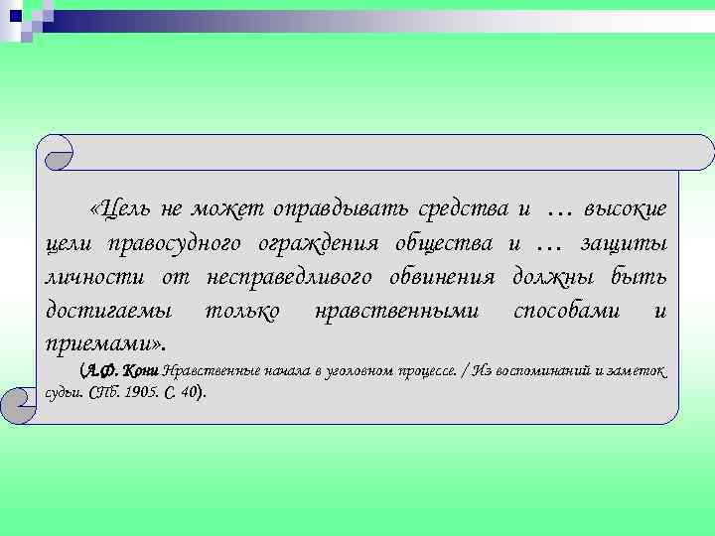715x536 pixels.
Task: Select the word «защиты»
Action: pyautogui.click(x=625, y=244)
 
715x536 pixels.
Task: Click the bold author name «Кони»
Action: pyautogui.click(x=141, y=371)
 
